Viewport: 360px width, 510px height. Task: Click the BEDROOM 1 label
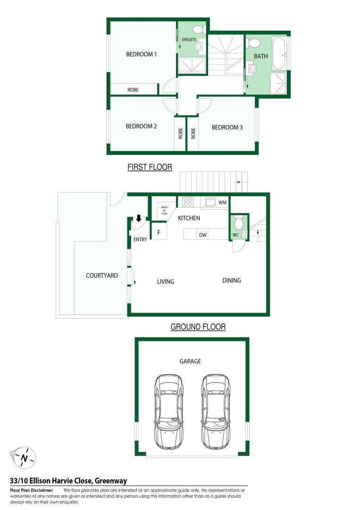click(x=141, y=54)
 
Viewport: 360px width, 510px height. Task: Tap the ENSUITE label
click(x=189, y=40)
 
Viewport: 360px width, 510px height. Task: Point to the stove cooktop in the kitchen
click(x=188, y=202)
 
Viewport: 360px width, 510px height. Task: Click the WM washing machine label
click(x=223, y=203)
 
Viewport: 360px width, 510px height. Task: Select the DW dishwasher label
click(x=203, y=235)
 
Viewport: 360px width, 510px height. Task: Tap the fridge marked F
click(x=159, y=233)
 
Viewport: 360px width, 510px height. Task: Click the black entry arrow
click(x=139, y=218)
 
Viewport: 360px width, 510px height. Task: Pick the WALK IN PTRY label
click(x=164, y=210)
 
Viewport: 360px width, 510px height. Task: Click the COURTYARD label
click(x=102, y=275)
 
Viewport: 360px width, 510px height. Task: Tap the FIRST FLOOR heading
click(x=150, y=167)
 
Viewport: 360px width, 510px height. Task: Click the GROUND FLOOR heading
click(x=198, y=327)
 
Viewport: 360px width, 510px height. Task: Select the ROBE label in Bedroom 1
click(x=133, y=90)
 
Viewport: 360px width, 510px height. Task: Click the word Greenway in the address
click(x=111, y=481)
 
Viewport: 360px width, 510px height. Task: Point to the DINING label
click(x=232, y=280)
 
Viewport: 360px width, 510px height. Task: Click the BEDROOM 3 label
click(x=227, y=127)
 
